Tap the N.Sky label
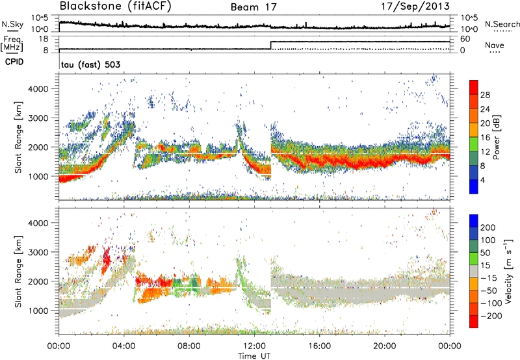point(10,24)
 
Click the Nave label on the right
point(495,46)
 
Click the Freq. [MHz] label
point(11,43)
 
